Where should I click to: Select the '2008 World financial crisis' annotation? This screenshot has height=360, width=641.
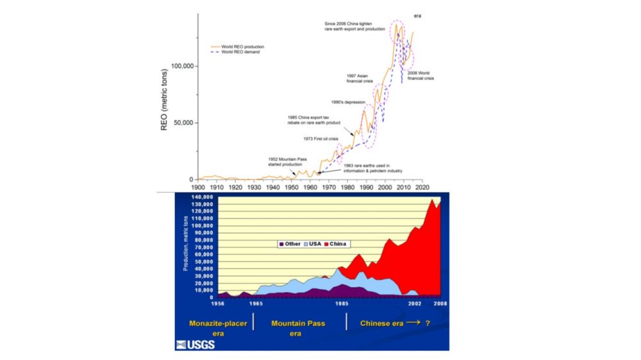[420, 76]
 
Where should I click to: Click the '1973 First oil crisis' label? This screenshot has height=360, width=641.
[320, 138]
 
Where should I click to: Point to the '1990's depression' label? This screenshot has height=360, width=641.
[348, 102]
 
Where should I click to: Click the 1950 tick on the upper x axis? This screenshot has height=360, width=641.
[292, 187]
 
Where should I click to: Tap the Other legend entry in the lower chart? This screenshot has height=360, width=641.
[288, 244]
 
